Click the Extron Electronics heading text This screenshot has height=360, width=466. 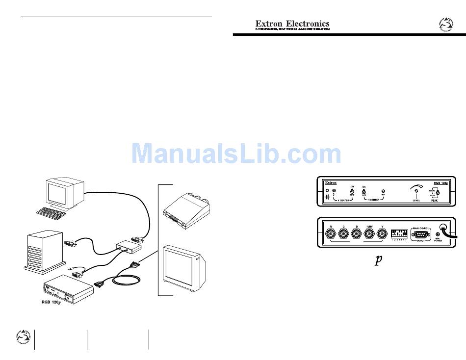click(x=292, y=24)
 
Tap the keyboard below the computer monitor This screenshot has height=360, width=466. click(x=52, y=212)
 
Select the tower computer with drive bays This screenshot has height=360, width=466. click(x=44, y=251)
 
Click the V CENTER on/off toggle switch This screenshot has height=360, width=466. click(x=352, y=192)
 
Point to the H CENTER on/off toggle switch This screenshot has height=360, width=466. click(x=364, y=192)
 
